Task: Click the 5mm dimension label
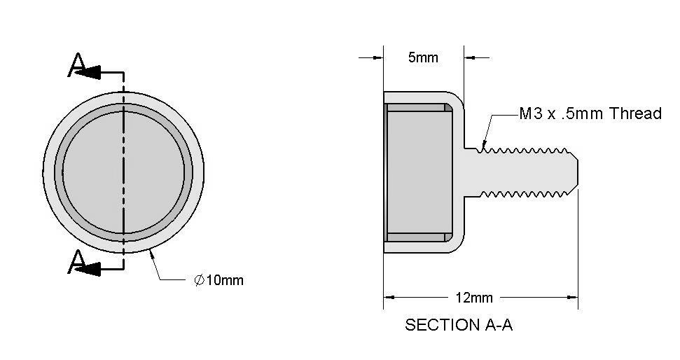point(423,57)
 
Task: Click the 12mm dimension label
point(474,298)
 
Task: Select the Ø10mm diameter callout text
point(218,280)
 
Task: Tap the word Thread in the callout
point(635,113)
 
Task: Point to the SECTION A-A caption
point(459,325)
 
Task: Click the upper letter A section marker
point(77,64)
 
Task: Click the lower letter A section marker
point(77,261)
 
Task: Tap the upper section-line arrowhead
point(89,72)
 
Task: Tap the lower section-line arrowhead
point(89,270)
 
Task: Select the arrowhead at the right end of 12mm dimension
point(572,298)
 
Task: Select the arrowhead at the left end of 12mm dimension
point(389,298)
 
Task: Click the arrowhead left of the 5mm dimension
point(378,57)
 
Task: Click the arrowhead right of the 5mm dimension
point(470,57)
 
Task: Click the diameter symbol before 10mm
point(199,280)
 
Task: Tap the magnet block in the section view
point(419,172)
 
